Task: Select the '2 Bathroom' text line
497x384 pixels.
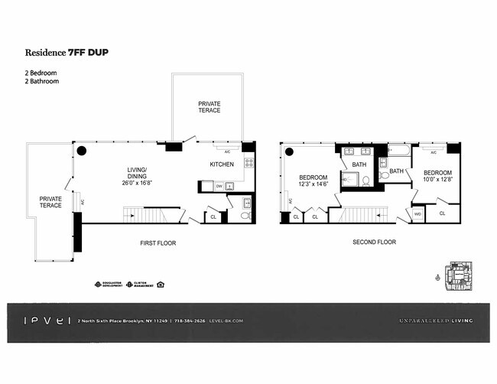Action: point(41,81)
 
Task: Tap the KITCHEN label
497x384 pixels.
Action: point(222,164)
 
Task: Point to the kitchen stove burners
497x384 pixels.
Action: point(248,162)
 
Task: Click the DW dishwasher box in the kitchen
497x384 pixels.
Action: point(218,186)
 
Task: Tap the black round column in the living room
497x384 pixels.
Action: point(81,151)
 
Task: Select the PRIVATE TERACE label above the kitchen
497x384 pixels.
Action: point(209,106)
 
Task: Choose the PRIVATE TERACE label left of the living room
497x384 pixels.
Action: point(50,202)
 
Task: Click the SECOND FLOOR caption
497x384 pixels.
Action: point(373,243)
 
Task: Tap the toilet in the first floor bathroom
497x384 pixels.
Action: point(245,216)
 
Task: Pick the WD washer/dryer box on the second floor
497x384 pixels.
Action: point(417,214)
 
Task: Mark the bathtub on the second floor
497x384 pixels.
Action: point(398,151)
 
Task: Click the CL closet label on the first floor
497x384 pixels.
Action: point(213,216)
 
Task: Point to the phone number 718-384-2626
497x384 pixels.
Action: point(189,321)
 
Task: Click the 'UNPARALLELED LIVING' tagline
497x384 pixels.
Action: point(435,321)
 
